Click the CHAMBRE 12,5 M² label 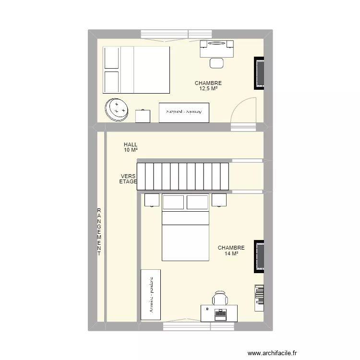coord(208,86)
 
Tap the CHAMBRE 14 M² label coord(231,251)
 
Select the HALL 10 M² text coord(131,147)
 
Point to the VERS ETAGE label coord(128,179)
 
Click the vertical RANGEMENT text coord(99,232)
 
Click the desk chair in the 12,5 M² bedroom coord(217,62)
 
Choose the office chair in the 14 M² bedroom coord(220,298)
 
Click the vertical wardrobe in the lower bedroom coord(151,294)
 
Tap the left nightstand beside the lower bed coord(152,199)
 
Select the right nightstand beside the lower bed coord(219,199)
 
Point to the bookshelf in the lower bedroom coord(259,295)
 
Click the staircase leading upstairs coord(183,176)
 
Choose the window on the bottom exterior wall coord(198,326)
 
